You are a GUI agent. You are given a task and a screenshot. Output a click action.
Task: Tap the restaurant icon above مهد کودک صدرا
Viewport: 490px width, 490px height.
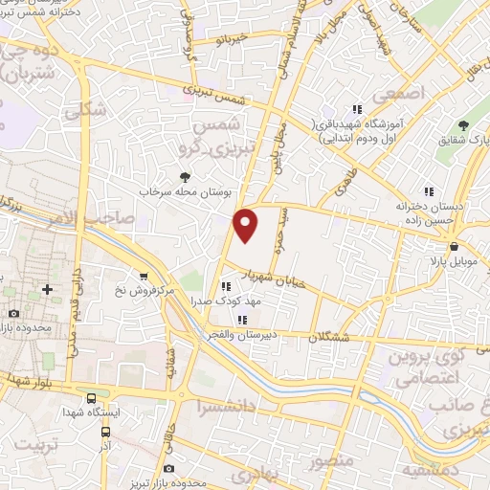click(x=226, y=285)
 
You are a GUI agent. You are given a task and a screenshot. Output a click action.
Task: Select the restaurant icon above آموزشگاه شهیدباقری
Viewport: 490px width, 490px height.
click(x=358, y=110)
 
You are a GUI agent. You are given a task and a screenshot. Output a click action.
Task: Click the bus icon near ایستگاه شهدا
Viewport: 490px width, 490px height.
click(x=92, y=397)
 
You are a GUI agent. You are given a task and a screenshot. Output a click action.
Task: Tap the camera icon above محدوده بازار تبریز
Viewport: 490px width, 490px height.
click(x=169, y=468)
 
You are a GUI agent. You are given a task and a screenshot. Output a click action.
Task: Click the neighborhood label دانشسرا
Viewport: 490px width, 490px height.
click(x=230, y=407)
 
